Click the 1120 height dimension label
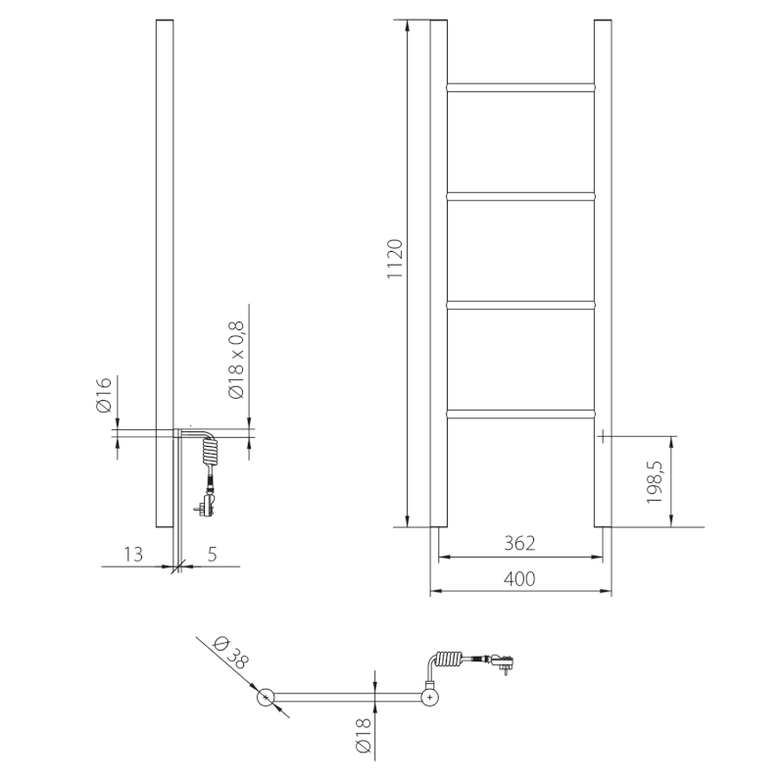click(x=396, y=259)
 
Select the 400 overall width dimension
click(x=519, y=579)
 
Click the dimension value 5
click(x=213, y=554)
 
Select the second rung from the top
click(x=520, y=196)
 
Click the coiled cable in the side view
click(x=209, y=452)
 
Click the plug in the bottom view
click(x=504, y=662)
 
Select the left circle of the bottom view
click(x=266, y=698)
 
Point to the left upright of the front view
click(x=439, y=274)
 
